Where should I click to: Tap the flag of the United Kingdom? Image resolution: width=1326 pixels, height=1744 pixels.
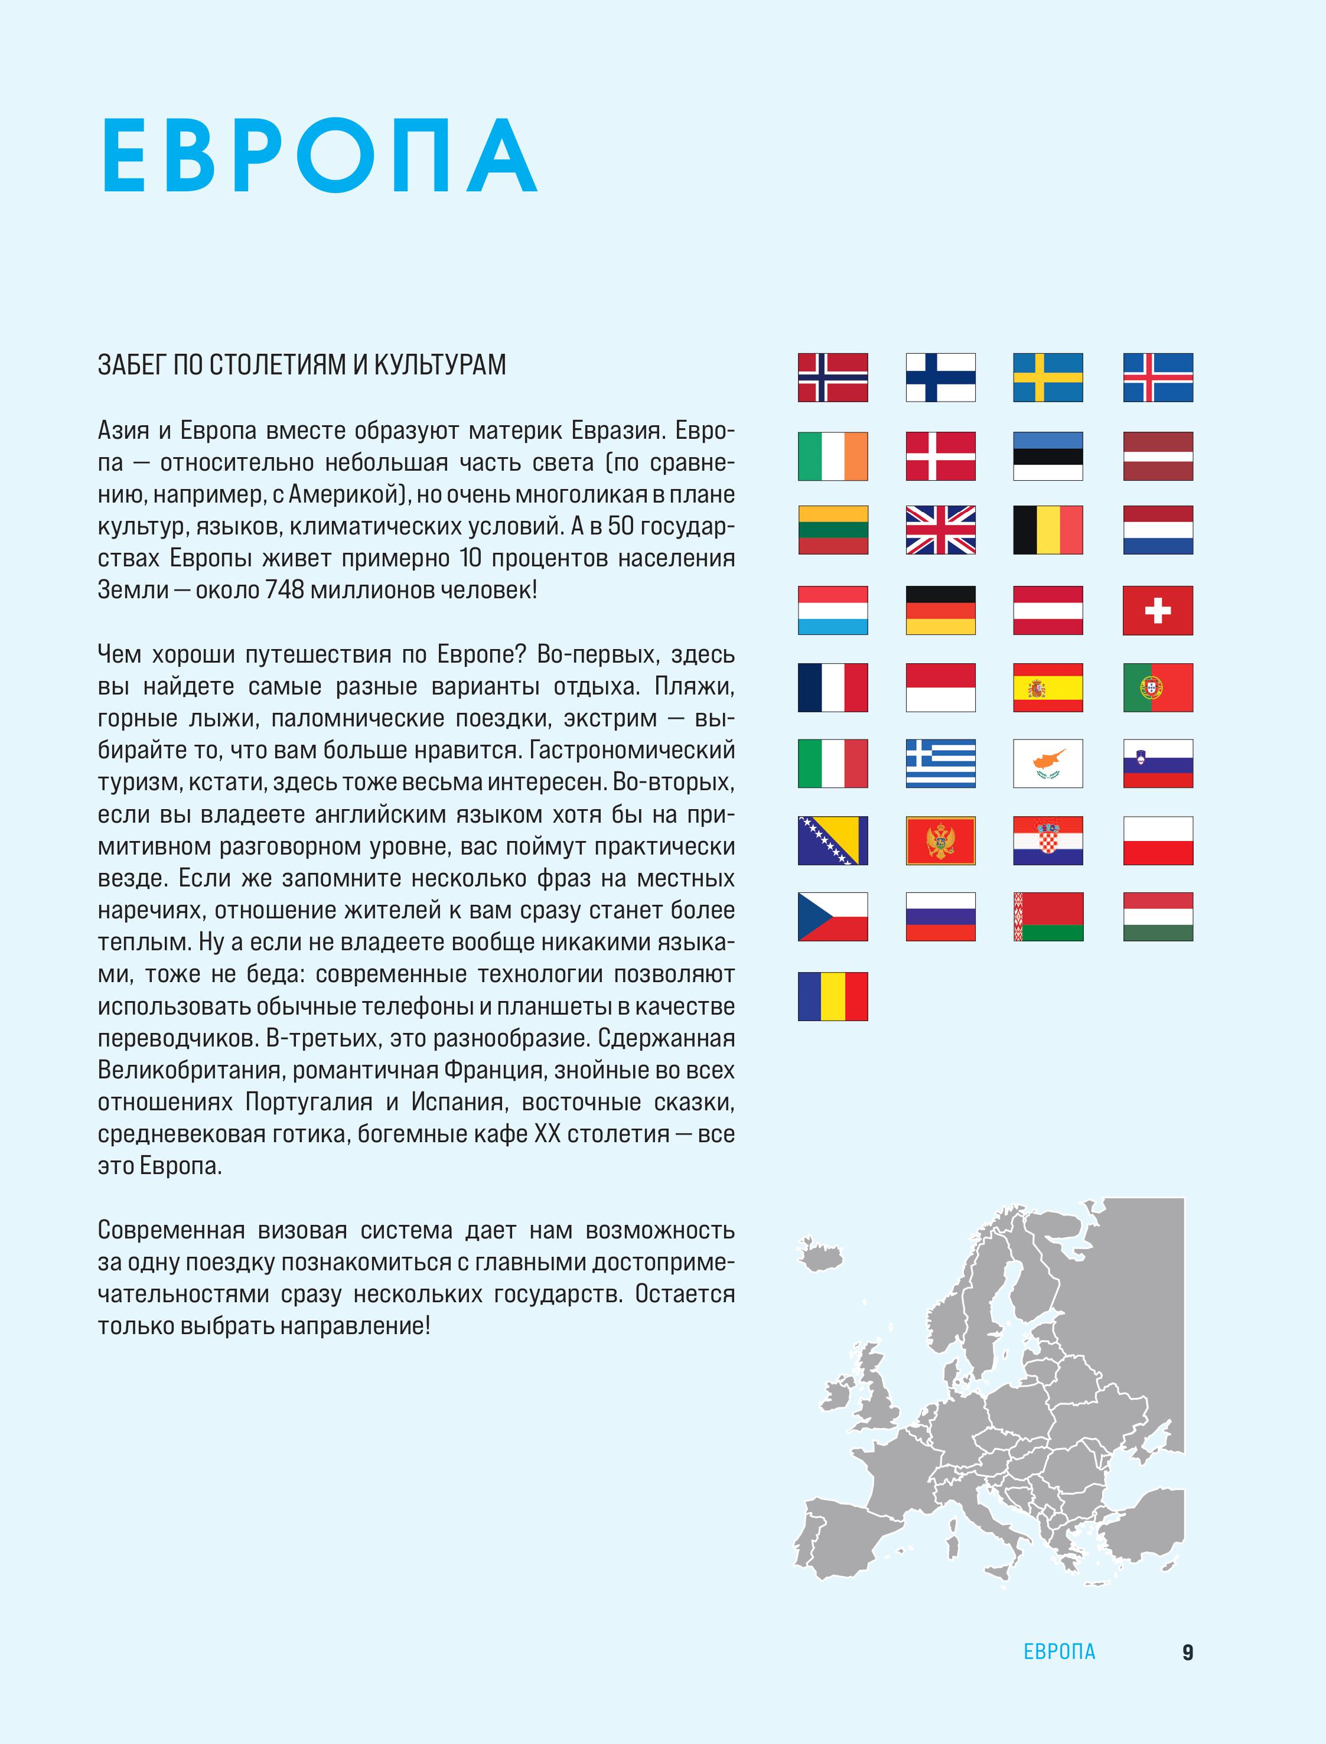tap(940, 530)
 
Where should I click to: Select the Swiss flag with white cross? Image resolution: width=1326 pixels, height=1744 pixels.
tap(1157, 610)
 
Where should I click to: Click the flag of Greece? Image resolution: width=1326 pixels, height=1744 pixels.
tap(940, 763)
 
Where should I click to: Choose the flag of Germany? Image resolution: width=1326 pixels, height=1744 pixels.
tap(940, 610)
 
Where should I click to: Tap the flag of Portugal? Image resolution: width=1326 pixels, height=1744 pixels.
tap(1157, 687)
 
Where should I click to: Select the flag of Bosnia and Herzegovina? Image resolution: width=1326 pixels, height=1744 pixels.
tap(833, 840)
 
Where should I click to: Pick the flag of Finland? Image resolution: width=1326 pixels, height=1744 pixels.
tap(940, 377)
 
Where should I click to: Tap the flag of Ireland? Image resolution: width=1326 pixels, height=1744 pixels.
tap(833, 456)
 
